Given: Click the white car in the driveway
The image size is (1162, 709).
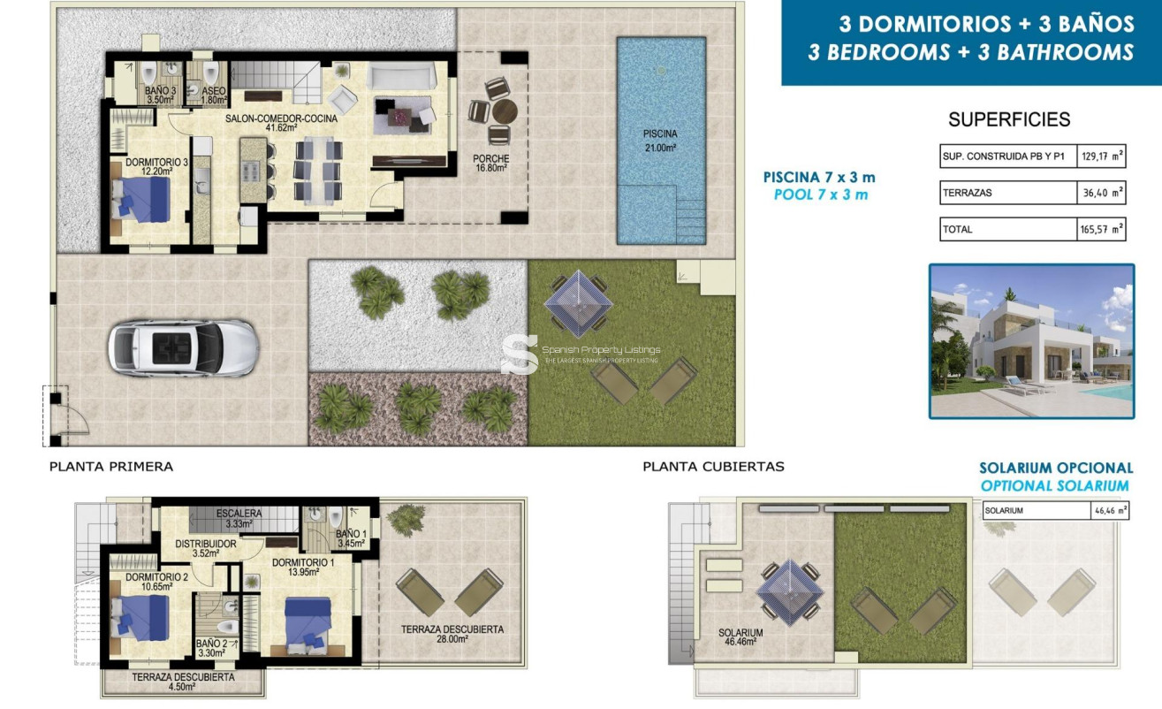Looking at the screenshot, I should pos(183,347).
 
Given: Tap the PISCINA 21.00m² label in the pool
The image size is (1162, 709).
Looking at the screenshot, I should pos(659,141).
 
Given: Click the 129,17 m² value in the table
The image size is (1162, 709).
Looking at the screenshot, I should pos(1101,157).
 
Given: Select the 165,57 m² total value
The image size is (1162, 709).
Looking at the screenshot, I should pos(1101,229).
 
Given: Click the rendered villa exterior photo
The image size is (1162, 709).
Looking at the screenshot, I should pos(1031,341).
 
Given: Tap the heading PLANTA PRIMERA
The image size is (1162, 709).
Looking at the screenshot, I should pos(111,467).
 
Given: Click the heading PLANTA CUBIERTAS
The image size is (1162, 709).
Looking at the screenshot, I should pos(713,467).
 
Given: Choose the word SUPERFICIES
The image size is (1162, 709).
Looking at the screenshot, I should pos(1009,120).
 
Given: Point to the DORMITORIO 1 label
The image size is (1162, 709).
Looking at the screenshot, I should pos(303,568).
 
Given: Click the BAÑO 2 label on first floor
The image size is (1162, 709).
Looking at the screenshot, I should pos(212,648).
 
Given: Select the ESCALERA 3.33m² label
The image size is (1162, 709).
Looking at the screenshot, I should pos(238,517).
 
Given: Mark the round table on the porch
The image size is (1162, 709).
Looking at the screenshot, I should pos(503,112).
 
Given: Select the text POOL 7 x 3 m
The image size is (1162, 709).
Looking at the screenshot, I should pos(820,194).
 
